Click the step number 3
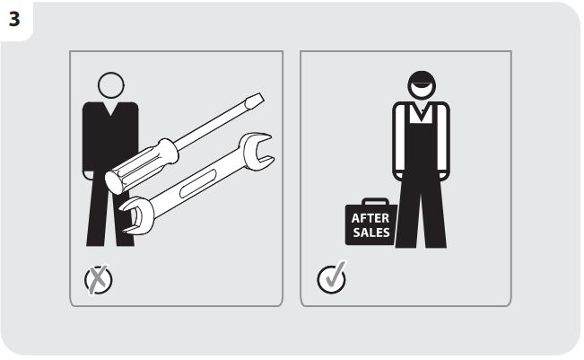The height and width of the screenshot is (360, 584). [14, 19]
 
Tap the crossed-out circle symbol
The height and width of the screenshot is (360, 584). [99, 279]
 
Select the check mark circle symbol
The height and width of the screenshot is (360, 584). [332, 278]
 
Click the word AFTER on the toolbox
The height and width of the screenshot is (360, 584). [370, 218]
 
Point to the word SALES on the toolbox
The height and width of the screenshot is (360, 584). [371, 233]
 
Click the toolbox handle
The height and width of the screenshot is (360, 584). [375, 202]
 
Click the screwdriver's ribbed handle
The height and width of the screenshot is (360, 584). [142, 166]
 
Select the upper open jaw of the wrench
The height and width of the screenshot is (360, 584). [257, 152]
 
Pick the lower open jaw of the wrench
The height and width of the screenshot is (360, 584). [136, 216]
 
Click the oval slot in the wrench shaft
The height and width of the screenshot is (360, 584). [197, 183]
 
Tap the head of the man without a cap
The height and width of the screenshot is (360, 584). [111, 85]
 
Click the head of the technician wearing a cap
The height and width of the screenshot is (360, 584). [422, 84]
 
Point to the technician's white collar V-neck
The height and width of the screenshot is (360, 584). [422, 112]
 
